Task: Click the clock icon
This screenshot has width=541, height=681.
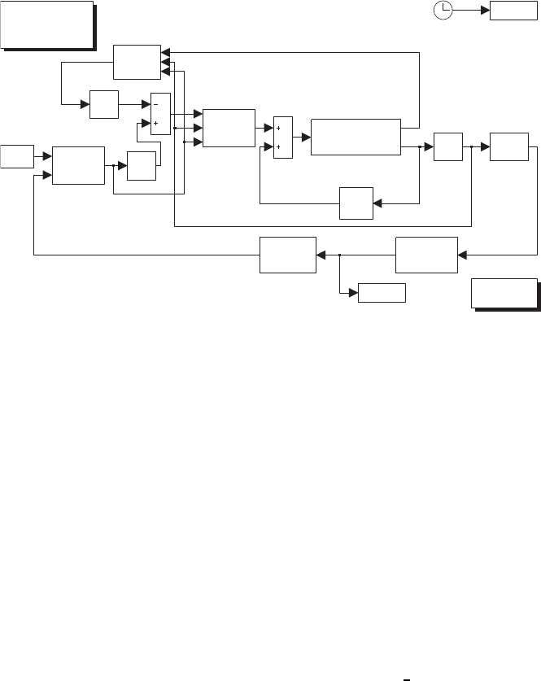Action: click(x=443, y=10)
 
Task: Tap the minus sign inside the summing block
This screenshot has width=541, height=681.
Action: click(x=155, y=104)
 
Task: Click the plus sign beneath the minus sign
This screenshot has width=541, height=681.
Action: click(x=155, y=124)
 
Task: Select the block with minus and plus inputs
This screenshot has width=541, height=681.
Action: click(x=159, y=114)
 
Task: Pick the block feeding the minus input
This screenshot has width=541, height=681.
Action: click(x=104, y=105)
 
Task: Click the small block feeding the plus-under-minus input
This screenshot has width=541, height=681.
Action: click(x=142, y=166)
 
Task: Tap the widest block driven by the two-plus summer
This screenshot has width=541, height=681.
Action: click(x=356, y=136)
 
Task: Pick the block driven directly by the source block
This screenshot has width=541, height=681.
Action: click(x=78, y=165)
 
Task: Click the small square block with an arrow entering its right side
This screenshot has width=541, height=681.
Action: click(x=356, y=202)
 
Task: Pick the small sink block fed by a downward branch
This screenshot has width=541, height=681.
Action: click(x=382, y=293)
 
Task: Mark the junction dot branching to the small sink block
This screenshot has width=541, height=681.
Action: click(x=339, y=255)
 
